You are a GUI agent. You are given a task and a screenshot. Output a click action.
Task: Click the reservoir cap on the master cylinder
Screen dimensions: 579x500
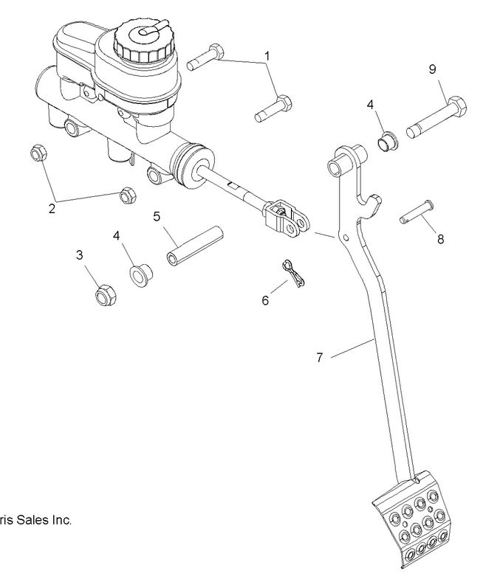tap(145, 39)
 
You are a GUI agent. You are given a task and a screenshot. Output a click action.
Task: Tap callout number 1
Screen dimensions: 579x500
tap(267, 55)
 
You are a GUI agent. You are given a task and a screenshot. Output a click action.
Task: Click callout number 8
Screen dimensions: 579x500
tap(441, 239)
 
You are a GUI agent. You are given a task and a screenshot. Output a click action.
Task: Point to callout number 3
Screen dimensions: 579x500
tap(79, 255)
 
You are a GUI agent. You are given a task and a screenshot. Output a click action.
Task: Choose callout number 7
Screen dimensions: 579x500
tap(319, 358)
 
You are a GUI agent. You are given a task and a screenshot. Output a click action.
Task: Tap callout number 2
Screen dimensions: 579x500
tap(52, 208)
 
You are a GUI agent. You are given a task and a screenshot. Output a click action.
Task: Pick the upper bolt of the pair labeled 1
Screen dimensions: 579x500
tap(206, 58)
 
